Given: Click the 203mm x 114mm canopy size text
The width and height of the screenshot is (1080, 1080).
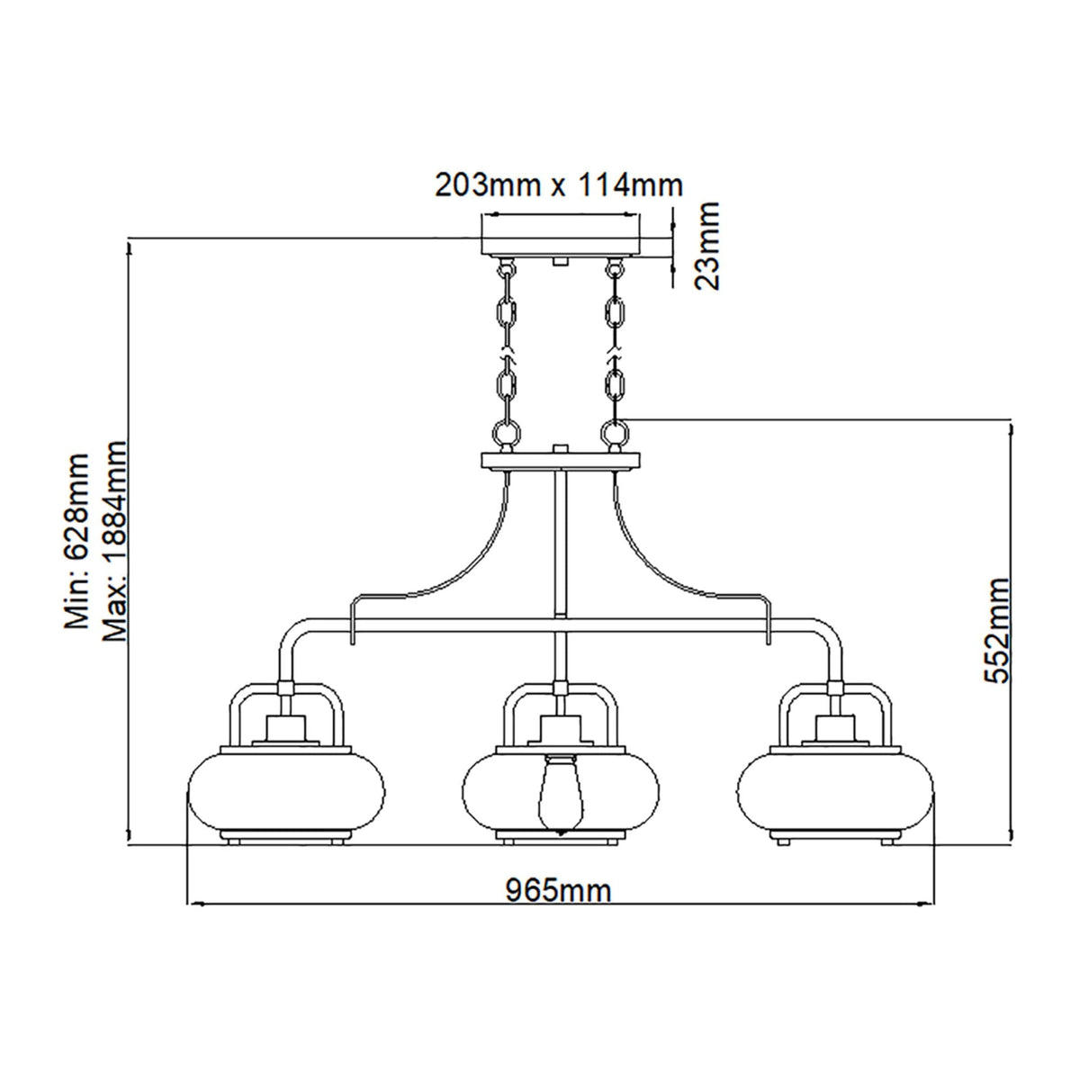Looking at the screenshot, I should (x=558, y=185).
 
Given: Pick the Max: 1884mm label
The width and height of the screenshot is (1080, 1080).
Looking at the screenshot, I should (x=116, y=540).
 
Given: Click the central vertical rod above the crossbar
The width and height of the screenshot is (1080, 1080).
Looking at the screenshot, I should (x=561, y=540).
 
